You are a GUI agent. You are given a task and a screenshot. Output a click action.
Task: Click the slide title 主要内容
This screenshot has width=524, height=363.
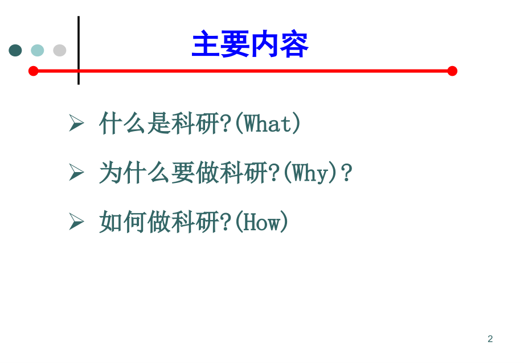(250, 45)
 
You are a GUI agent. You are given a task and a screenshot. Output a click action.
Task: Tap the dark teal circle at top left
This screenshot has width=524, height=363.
(15, 50)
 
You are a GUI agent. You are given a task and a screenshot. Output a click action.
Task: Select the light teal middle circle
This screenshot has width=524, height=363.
(38, 50)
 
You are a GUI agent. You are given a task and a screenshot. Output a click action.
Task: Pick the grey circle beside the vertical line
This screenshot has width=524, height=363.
(60, 50)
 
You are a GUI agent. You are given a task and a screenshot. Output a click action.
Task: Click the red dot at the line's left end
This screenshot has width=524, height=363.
(33, 71)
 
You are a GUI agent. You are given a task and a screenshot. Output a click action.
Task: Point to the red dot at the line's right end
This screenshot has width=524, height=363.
(452, 71)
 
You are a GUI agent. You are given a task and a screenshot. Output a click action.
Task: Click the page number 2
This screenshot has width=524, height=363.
(490, 339)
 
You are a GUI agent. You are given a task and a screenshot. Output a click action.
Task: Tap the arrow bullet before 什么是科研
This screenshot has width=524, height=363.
(76, 123)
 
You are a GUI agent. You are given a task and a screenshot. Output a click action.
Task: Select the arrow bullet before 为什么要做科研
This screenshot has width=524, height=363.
(76, 172)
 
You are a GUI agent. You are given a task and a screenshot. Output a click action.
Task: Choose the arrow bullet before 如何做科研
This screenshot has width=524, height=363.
(76, 221)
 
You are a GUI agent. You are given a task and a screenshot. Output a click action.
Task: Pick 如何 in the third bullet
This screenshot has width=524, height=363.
(122, 222)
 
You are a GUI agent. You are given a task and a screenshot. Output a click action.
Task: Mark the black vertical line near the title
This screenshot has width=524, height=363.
(79, 50)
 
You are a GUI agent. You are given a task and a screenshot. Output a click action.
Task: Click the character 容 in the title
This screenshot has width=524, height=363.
(294, 45)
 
